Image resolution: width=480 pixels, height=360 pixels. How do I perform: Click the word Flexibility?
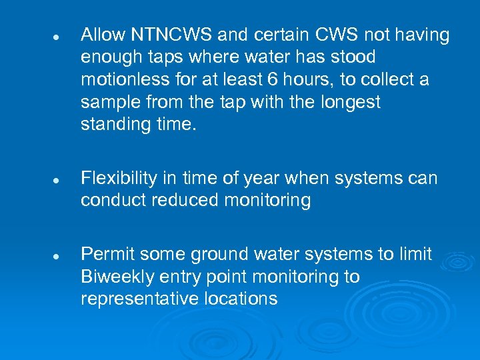(119, 179)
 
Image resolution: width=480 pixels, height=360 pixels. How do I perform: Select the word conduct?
(108, 201)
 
